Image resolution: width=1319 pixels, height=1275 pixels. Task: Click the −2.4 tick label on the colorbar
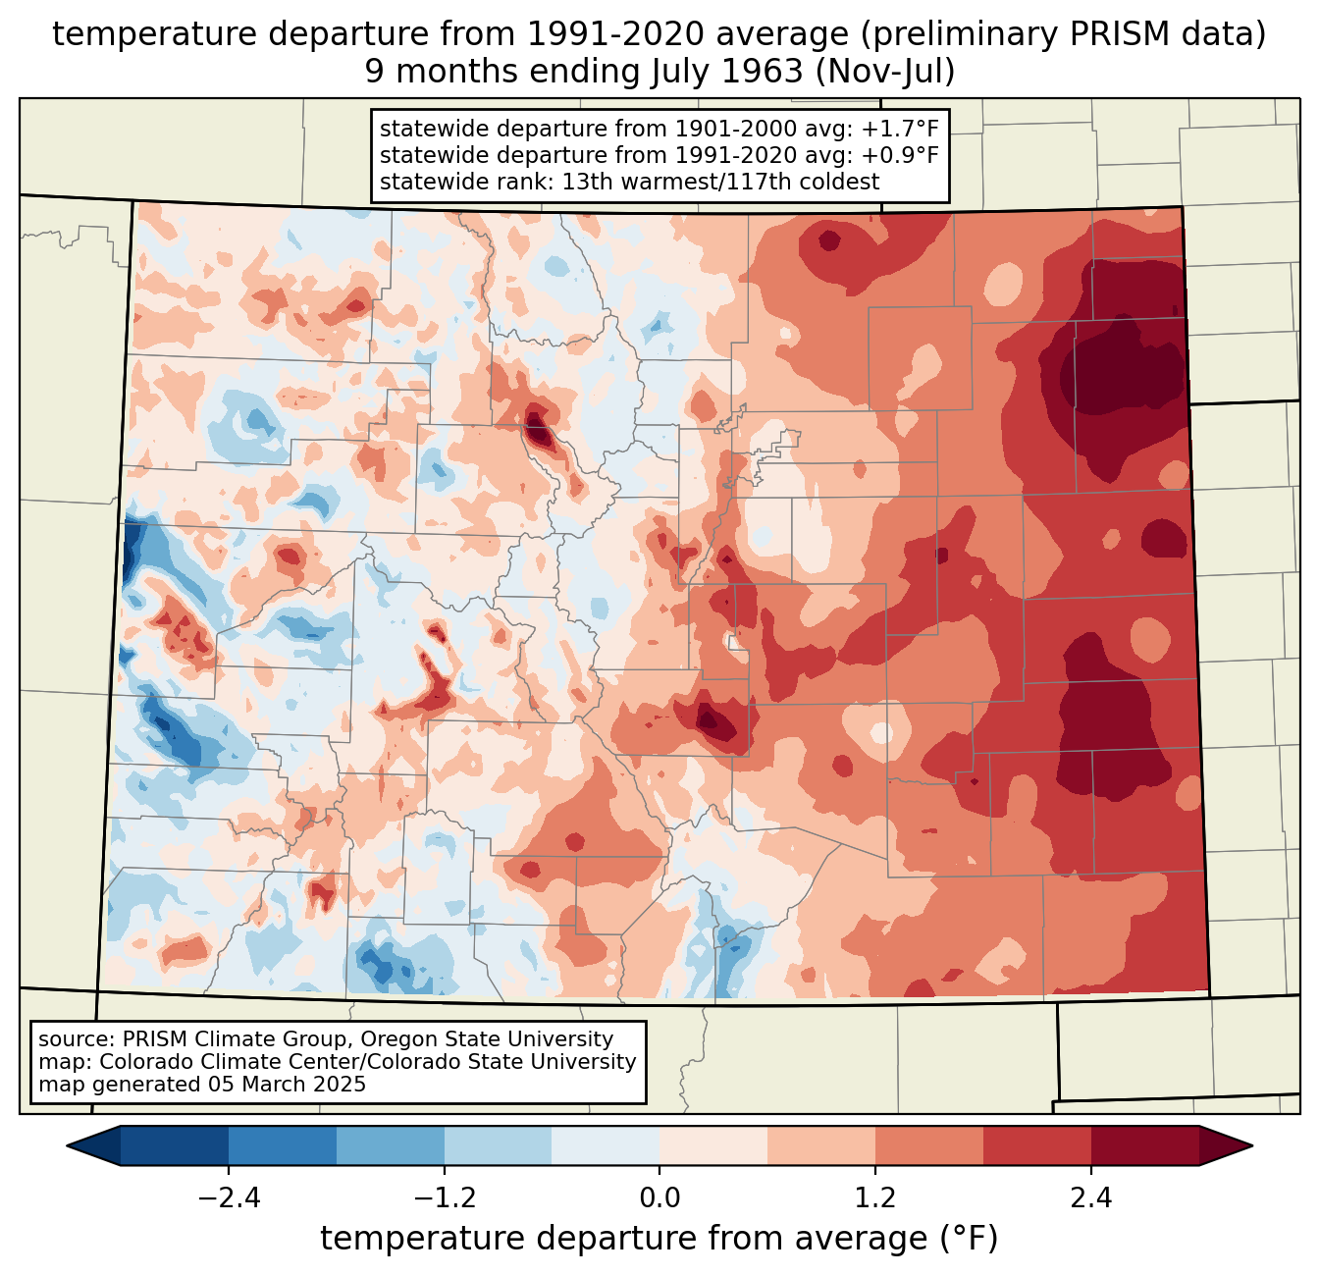click(229, 1198)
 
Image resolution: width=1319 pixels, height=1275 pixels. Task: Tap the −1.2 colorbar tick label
click(445, 1198)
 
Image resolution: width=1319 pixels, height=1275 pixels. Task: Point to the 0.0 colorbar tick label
click(659, 1198)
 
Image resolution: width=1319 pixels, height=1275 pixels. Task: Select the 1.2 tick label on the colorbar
click(875, 1198)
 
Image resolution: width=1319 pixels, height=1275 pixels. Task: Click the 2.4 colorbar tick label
click(1090, 1198)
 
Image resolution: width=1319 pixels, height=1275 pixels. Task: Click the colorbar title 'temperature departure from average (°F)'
click(659, 1239)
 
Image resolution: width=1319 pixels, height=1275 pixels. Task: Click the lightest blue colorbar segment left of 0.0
click(606, 1145)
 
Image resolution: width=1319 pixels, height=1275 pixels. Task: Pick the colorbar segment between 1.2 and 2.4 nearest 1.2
click(929, 1145)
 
